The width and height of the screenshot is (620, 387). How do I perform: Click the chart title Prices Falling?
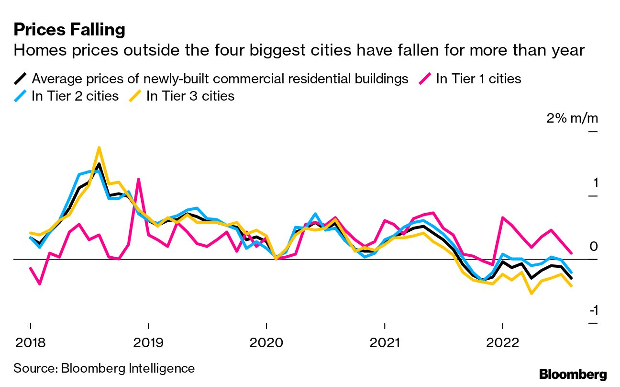click(69, 30)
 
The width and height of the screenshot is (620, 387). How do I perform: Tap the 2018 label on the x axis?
click(30, 343)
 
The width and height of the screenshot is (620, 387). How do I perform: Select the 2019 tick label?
click(148, 343)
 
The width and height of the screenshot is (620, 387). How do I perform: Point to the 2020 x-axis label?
click(266, 343)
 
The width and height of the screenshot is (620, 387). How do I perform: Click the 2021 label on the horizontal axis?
click(385, 343)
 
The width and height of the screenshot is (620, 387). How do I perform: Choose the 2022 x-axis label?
click(503, 343)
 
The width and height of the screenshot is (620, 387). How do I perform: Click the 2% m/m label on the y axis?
click(572, 118)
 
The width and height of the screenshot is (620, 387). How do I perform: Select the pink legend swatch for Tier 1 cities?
click(425, 79)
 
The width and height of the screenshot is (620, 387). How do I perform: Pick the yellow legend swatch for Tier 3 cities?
click(136, 96)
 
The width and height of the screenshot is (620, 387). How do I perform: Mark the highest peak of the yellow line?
click(99, 148)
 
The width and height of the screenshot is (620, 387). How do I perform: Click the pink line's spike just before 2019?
click(138, 179)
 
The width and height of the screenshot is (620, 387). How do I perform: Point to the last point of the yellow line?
click(571, 286)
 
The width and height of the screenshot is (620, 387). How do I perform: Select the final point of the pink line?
click(571, 252)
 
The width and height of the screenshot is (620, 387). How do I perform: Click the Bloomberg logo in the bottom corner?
click(573, 374)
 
